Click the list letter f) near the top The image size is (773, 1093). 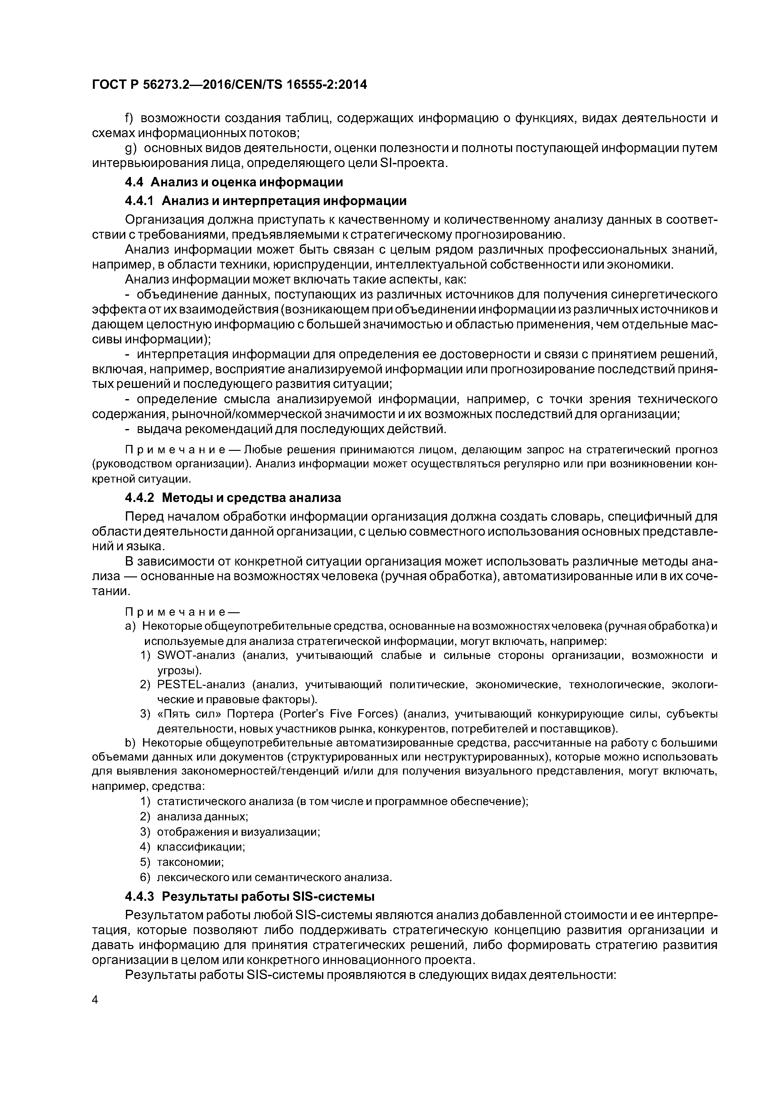128,118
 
